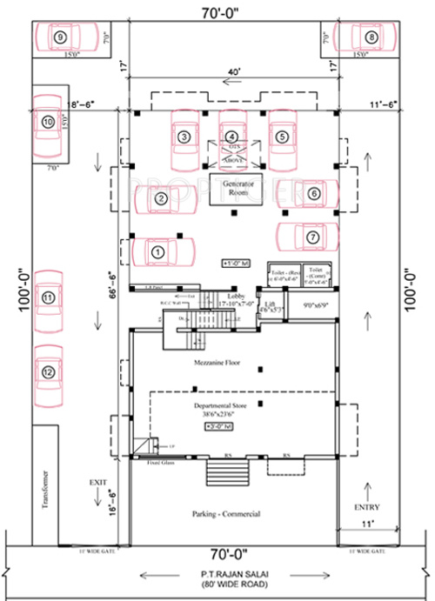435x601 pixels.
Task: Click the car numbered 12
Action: click(x=49, y=372)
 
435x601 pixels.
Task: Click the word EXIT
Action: click(x=97, y=480)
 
